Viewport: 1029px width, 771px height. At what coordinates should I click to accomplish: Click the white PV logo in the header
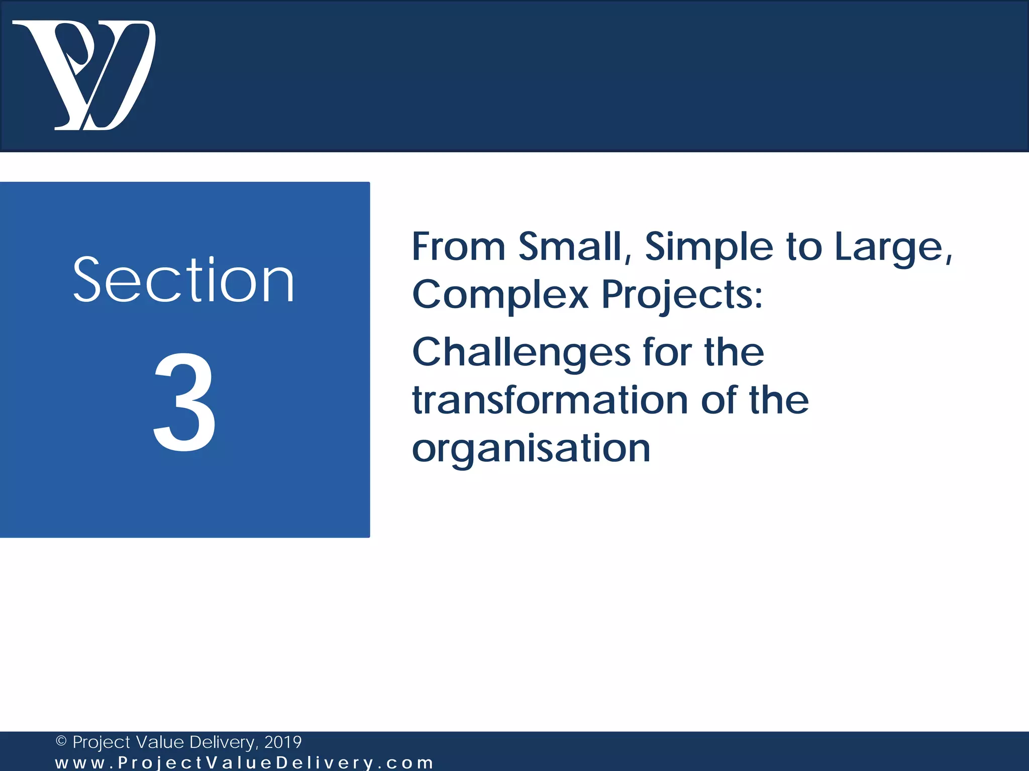coord(84,75)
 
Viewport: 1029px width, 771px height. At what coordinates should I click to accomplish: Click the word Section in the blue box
coord(183,280)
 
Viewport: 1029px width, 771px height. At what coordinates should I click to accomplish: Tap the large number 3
coord(184,402)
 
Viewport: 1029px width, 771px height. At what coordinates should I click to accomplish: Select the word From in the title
coord(458,246)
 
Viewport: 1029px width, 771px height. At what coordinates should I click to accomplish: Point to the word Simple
coord(709,247)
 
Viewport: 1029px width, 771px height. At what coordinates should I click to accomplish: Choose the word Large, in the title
coord(893,247)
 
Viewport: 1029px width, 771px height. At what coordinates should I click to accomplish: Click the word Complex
coord(500,295)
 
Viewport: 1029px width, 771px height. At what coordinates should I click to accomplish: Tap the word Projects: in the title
coord(682,295)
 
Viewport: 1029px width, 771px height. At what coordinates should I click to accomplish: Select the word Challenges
coord(521,353)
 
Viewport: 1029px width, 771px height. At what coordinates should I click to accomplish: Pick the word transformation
coord(550,401)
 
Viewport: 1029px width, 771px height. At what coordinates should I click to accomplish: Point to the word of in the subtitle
coord(718,401)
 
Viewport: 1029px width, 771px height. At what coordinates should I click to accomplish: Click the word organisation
coord(531,449)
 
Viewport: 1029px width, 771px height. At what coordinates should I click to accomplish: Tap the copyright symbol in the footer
coord(61,741)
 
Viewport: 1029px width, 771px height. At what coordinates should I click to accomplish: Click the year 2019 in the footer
coord(283,742)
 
